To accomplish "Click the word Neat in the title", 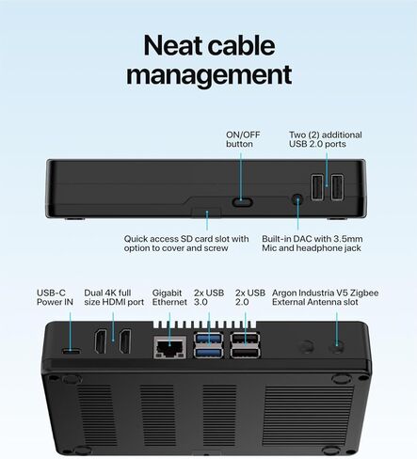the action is tap(173, 45).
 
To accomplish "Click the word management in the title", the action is tap(209, 75).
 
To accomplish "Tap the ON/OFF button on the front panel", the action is tap(242, 202).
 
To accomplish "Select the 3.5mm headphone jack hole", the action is tap(297, 199).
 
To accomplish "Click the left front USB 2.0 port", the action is tap(317, 187).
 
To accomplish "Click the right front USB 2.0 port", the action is tap(337, 187).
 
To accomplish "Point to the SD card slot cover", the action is tap(206, 212).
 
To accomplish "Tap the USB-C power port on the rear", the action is tap(71, 351).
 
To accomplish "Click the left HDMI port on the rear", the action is tap(101, 341).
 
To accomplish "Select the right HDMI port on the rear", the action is tap(125, 341).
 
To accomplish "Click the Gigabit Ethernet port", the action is tap(169, 347).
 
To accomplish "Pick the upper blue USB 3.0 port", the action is tap(208, 340).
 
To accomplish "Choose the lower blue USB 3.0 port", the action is tap(208, 353).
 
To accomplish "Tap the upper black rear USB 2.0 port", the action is tap(245, 340).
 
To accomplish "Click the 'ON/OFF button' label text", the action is tap(243, 139).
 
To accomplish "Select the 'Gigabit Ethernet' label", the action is tap(169, 297).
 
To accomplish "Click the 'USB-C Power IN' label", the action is tap(55, 297).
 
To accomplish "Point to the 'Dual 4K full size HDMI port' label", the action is tap(114, 297).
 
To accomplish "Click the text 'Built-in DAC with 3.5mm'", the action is tap(313, 239).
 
